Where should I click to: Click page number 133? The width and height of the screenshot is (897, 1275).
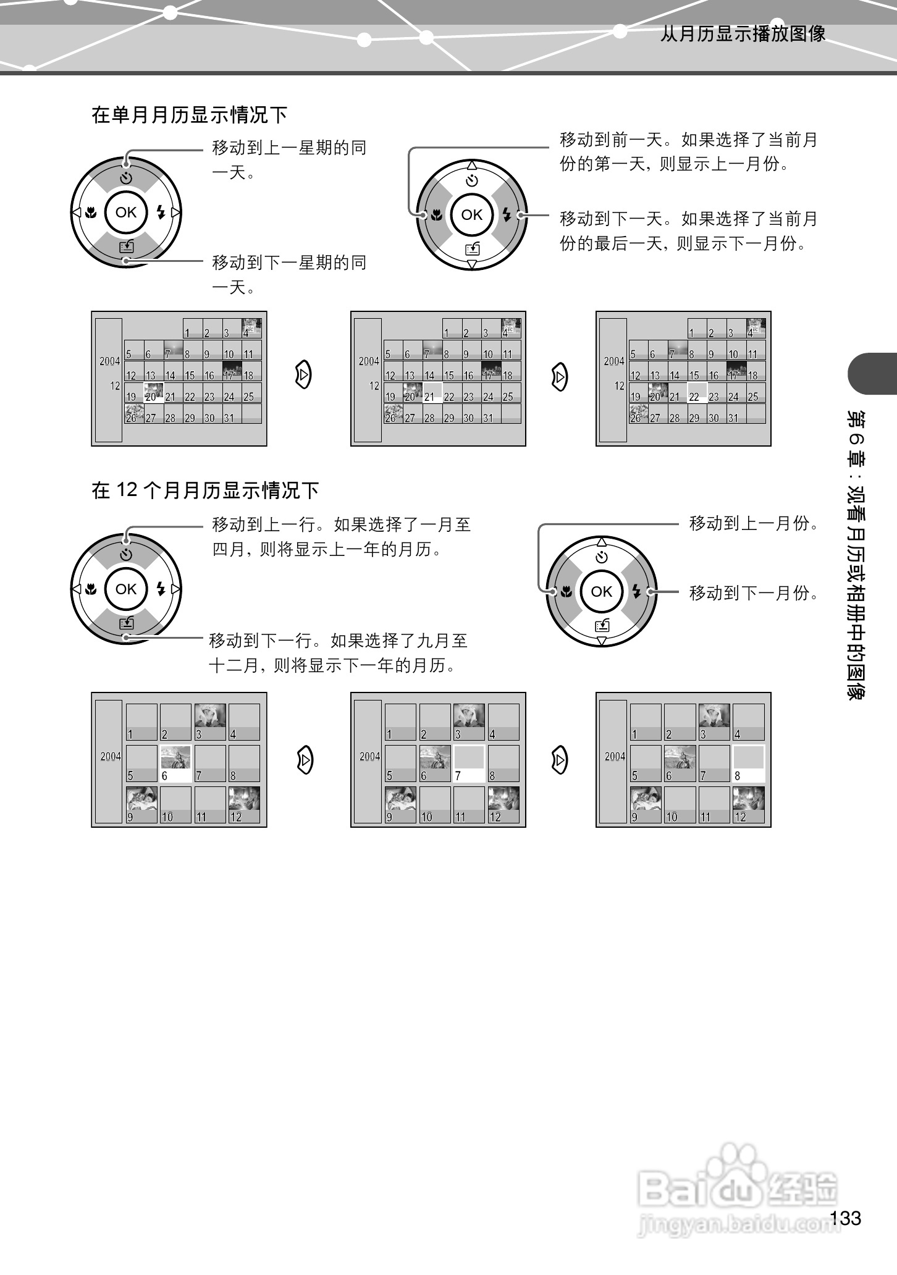point(845,1218)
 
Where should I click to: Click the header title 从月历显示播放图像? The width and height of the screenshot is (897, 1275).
point(743,34)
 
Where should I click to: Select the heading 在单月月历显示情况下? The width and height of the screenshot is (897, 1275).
point(190,115)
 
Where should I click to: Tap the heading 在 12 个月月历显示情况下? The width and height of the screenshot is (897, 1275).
point(205,491)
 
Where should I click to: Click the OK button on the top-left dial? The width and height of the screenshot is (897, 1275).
point(126,212)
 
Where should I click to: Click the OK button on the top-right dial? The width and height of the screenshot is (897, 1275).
point(471,215)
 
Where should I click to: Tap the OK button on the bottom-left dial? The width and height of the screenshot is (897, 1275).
point(126,589)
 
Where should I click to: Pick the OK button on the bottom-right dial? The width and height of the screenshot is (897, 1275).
point(601,592)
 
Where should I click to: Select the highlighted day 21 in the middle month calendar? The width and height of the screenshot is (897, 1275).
point(432,393)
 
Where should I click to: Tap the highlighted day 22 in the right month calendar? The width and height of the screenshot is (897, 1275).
point(697,393)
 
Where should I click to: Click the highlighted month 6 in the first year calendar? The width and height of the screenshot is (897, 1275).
point(175,764)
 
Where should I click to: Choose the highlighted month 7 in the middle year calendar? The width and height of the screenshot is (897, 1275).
point(469,764)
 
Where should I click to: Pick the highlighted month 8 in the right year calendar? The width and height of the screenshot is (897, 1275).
point(748,764)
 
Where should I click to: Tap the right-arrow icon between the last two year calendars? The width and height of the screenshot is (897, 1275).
point(559,760)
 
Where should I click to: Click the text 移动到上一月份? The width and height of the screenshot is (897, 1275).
point(754,524)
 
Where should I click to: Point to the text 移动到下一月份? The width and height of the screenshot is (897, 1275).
point(754,594)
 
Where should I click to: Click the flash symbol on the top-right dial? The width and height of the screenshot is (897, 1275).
point(507,215)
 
